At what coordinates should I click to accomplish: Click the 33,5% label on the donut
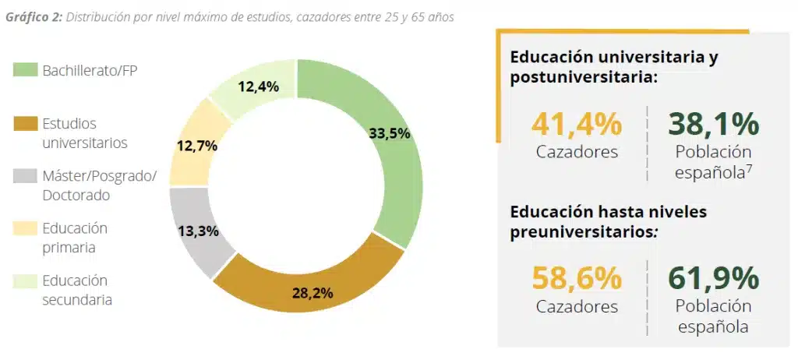click(x=389, y=133)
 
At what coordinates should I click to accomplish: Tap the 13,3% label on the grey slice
click(x=197, y=231)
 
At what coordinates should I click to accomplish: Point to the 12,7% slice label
click(x=196, y=145)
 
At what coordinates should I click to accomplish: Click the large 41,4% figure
click(x=577, y=125)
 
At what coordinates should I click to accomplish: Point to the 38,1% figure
click(x=713, y=125)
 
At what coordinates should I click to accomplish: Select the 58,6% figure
click(x=577, y=278)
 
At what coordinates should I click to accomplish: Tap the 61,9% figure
click(x=713, y=278)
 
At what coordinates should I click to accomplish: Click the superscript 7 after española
click(x=748, y=168)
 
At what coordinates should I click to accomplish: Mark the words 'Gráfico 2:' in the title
click(x=33, y=17)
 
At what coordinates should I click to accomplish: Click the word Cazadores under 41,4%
click(x=577, y=152)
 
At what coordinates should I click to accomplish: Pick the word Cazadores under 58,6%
click(x=577, y=306)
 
